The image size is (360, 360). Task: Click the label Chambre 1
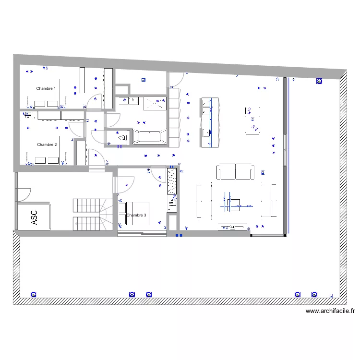(46, 88)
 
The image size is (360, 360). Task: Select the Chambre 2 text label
(47, 144)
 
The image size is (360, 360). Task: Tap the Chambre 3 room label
(136, 216)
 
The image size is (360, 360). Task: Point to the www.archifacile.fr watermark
(330, 311)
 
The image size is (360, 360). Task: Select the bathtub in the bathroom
(149, 136)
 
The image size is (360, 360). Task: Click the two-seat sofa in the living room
(236, 172)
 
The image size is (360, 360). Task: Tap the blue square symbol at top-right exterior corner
(319, 82)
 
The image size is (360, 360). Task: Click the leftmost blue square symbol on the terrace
(33, 294)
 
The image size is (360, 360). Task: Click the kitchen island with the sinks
(210, 122)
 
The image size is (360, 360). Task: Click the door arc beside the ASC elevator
(24, 193)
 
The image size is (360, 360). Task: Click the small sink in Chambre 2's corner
(27, 115)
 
